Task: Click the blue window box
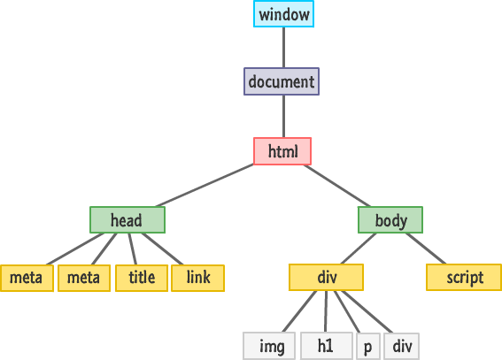click(x=283, y=14)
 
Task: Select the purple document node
click(x=282, y=82)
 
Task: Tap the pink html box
click(x=282, y=151)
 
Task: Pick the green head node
click(x=127, y=219)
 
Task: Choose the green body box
click(x=390, y=219)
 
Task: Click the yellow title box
click(x=141, y=278)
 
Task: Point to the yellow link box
click(x=198, y=278)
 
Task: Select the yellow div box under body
click(x=326, y=278)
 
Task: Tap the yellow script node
click(x=464, y=278)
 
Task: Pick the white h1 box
click(x=325, y=346)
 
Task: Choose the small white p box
click(x=367, y=346)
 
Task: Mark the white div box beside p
click(x=401, y=346)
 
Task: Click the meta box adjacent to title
click(x=84, y=278)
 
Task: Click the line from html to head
click(x=208, y=186)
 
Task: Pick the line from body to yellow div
click(x=358, y=249)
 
